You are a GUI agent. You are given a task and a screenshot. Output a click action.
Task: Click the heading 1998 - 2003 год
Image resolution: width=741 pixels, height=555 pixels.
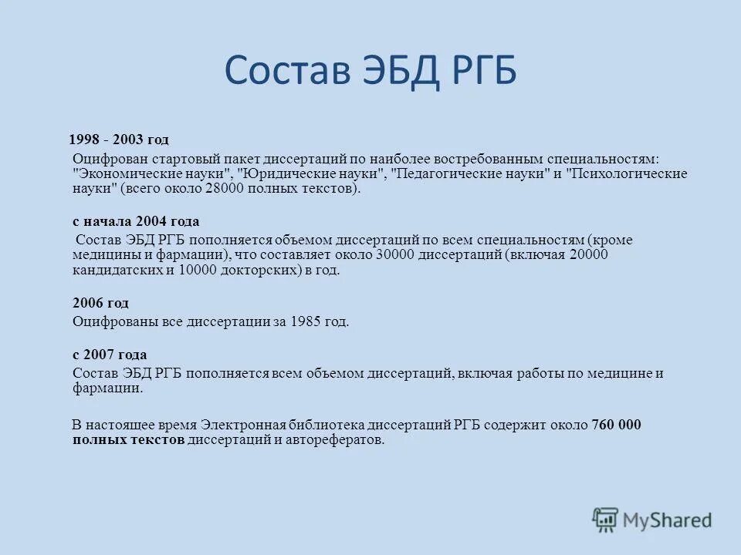pos(118,140)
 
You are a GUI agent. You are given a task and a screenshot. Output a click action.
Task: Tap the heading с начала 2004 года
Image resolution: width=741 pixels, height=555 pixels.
pos(124,221)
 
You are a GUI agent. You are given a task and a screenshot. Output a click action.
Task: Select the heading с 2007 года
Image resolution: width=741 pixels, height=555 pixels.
pos(110,355)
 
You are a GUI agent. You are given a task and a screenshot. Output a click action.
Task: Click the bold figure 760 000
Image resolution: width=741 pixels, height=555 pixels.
pos(616,425)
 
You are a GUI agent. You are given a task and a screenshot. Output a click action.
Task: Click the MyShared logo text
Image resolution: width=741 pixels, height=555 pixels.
pos(668,520)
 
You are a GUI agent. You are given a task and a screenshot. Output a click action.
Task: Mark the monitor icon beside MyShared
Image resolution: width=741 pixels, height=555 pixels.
pos(604,520)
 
